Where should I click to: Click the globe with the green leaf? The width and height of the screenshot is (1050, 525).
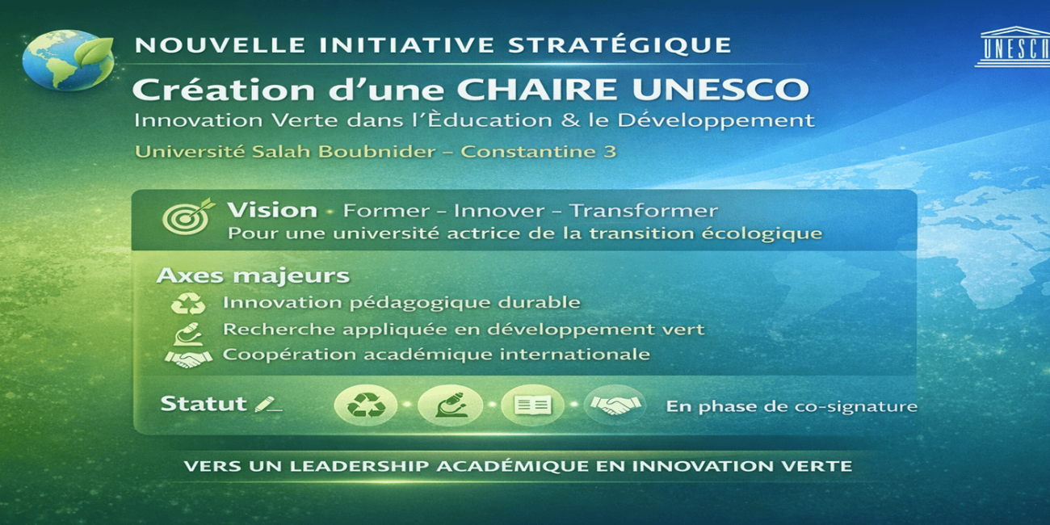click(x=69, y=60)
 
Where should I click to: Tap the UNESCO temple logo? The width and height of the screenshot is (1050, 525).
click(x=1014, y=47)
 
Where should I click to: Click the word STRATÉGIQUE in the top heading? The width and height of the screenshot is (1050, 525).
click(x=619, y=45)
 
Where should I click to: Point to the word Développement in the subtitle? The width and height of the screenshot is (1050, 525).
click(x=716, y=121)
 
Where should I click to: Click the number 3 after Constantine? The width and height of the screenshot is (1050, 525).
click(x=609, y=151)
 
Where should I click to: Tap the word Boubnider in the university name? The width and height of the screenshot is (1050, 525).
click(x=377, y=151)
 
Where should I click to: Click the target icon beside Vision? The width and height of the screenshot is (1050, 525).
click(x=188, y=216)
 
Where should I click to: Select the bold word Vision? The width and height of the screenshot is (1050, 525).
click(x=272, y=211)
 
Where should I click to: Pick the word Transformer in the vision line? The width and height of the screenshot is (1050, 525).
click(x=644, y=211)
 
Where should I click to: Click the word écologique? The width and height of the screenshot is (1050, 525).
click(x=762, y=233)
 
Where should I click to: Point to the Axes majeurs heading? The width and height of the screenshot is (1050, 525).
click(x=253, y=275)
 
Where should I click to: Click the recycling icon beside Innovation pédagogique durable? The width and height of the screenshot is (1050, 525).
click(x=188, y=303)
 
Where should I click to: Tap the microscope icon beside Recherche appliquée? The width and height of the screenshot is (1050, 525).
click(x=188, y=334)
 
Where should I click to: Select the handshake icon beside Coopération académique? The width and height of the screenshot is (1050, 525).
click(x=188, y=359)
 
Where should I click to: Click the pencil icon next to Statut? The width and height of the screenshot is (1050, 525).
click(x=268, y=404)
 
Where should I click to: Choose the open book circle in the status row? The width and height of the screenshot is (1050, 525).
click(x=533, y=405)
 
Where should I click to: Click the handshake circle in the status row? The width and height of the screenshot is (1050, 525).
click(x=615, y=405)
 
